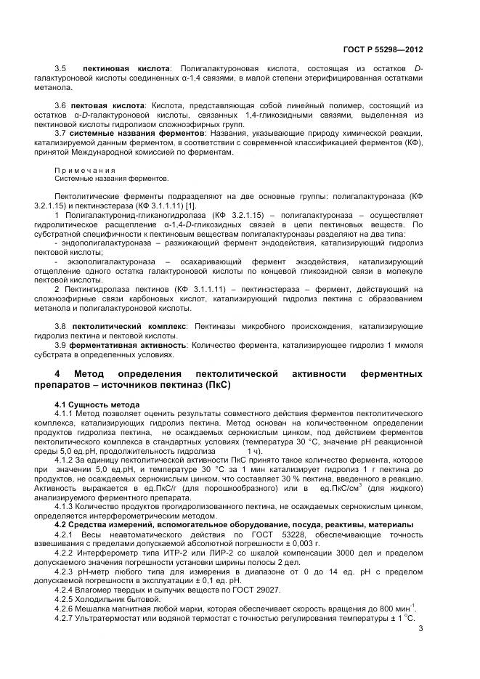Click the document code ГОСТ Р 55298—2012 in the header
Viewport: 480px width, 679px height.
point(382,50)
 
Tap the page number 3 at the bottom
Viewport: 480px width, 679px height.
point(420,630)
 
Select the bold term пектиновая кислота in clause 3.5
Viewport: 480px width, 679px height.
point(126,68)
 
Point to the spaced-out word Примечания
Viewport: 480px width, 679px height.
point(85,169)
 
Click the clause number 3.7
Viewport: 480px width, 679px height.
point(61,133)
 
